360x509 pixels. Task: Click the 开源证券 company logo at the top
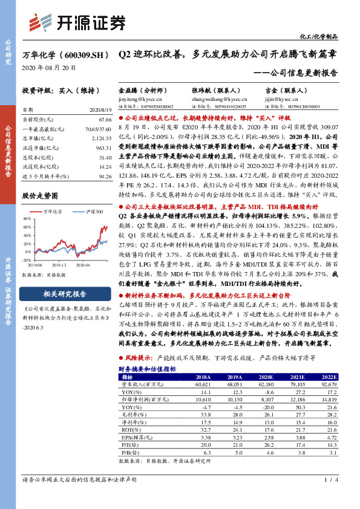(77, 22)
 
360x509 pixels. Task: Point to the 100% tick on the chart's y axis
(28, 219)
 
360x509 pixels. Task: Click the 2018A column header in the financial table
(200, 377)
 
